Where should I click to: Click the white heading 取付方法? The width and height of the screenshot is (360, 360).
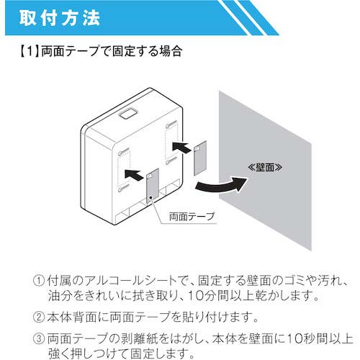click(x=60, y=17)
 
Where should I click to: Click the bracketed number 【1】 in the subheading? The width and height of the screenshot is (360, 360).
click(x=30, y=51)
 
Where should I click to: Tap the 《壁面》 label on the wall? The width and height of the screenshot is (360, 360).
click(x=265, y=167)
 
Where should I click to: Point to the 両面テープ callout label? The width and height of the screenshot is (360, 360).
click(x=192, y=217)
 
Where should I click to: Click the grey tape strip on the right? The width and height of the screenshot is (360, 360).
click(x=200, y=158)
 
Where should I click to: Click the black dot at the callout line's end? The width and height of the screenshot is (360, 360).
click(x=150, y=197)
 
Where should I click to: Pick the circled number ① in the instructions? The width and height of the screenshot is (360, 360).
click(x=39, y=281)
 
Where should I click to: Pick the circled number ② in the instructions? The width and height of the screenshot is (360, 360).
click(x=39, y=317)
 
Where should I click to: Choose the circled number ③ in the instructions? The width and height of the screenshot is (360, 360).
click(x=39, y=338)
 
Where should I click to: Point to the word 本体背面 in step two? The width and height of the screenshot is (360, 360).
click(x=71, y=317)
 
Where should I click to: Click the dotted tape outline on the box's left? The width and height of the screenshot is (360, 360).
click(x=124, y=170)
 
